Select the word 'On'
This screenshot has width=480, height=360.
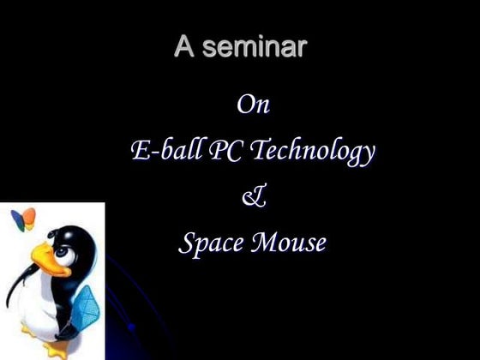pyautogui.click(x=252, y=105)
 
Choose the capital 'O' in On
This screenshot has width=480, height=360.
pyautogui.click(x=244, y=105)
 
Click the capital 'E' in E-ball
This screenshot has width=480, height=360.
pyautogui.click(x=140, y=152)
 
